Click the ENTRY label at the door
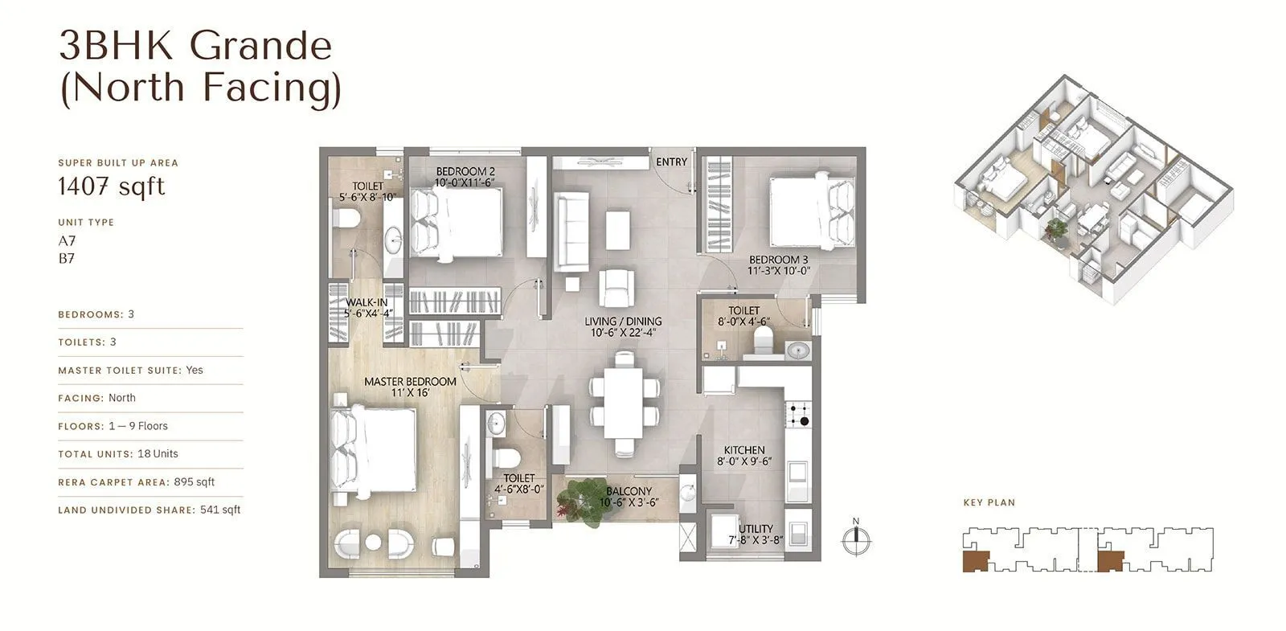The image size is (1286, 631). coord(671,162)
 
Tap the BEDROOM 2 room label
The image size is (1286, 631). coord(465,171)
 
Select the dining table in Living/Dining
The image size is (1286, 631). coord(623,404)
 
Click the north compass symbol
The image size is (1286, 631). coord(856,539)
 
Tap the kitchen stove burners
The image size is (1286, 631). coord(798,414)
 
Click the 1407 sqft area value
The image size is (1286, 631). coord(111,186)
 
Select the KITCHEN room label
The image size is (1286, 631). coord(743,450)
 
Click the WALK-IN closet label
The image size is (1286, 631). coord(366,302)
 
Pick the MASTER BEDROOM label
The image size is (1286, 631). coord(410,382)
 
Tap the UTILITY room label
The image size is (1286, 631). coord(756,529)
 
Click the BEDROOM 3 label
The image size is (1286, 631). coord(778,260)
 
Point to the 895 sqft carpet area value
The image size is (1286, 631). coord(195,482)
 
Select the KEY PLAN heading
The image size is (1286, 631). coord(989,502)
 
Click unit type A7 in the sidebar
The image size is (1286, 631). coord(67,240)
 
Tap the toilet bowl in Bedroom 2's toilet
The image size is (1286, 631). coord(346,218)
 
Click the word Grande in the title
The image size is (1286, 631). coord(262,46)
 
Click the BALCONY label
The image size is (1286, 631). coord(629,491)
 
